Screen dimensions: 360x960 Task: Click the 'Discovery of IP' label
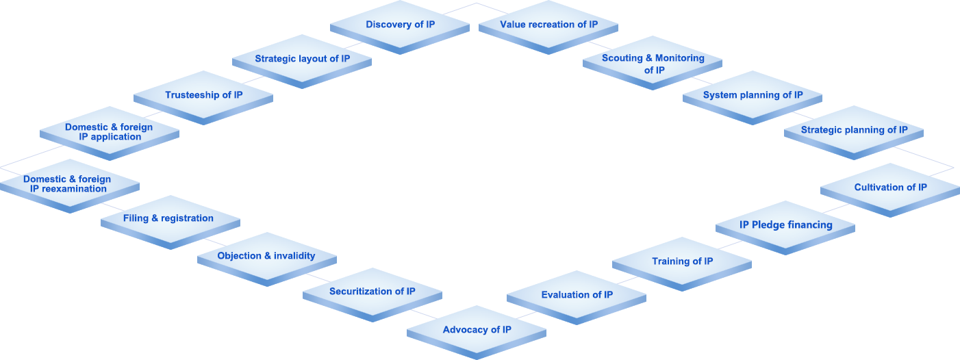400,25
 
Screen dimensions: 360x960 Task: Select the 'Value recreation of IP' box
548,25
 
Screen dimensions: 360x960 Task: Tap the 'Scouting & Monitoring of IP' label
653,64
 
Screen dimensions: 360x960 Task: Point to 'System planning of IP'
753,95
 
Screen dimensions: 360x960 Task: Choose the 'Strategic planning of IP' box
854,130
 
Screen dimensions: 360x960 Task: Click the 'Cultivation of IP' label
890,188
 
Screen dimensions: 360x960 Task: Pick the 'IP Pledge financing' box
785,224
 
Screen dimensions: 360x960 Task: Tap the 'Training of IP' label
682,261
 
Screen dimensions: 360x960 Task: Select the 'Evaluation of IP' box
577,295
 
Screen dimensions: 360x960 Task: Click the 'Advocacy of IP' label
477,330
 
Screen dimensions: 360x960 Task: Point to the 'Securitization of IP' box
372,292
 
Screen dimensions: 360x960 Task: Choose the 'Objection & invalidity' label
266,256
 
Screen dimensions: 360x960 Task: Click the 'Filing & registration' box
168,218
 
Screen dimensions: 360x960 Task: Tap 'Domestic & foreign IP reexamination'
68,184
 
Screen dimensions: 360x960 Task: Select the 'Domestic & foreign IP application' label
109,131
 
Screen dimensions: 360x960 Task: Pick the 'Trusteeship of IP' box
203,95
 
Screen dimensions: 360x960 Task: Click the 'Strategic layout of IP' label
302,59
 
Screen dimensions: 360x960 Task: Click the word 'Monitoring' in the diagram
680,58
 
